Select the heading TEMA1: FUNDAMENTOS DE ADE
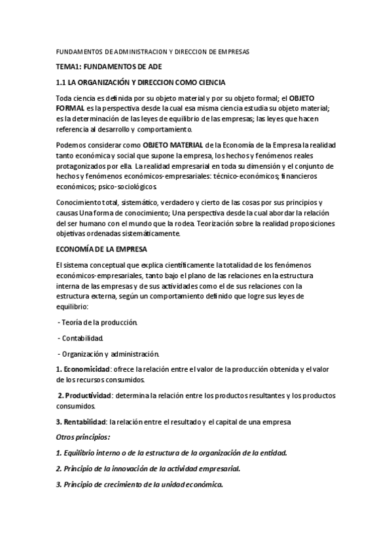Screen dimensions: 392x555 (109, 67)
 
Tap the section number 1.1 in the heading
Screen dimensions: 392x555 (62, 82)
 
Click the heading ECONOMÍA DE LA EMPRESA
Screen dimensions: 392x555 (101, 249)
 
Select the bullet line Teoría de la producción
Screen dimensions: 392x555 (98, 323)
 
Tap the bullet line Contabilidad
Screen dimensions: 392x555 (80, 338)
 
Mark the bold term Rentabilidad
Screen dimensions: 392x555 (84, 421)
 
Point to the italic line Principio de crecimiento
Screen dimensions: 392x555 (139, 485)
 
